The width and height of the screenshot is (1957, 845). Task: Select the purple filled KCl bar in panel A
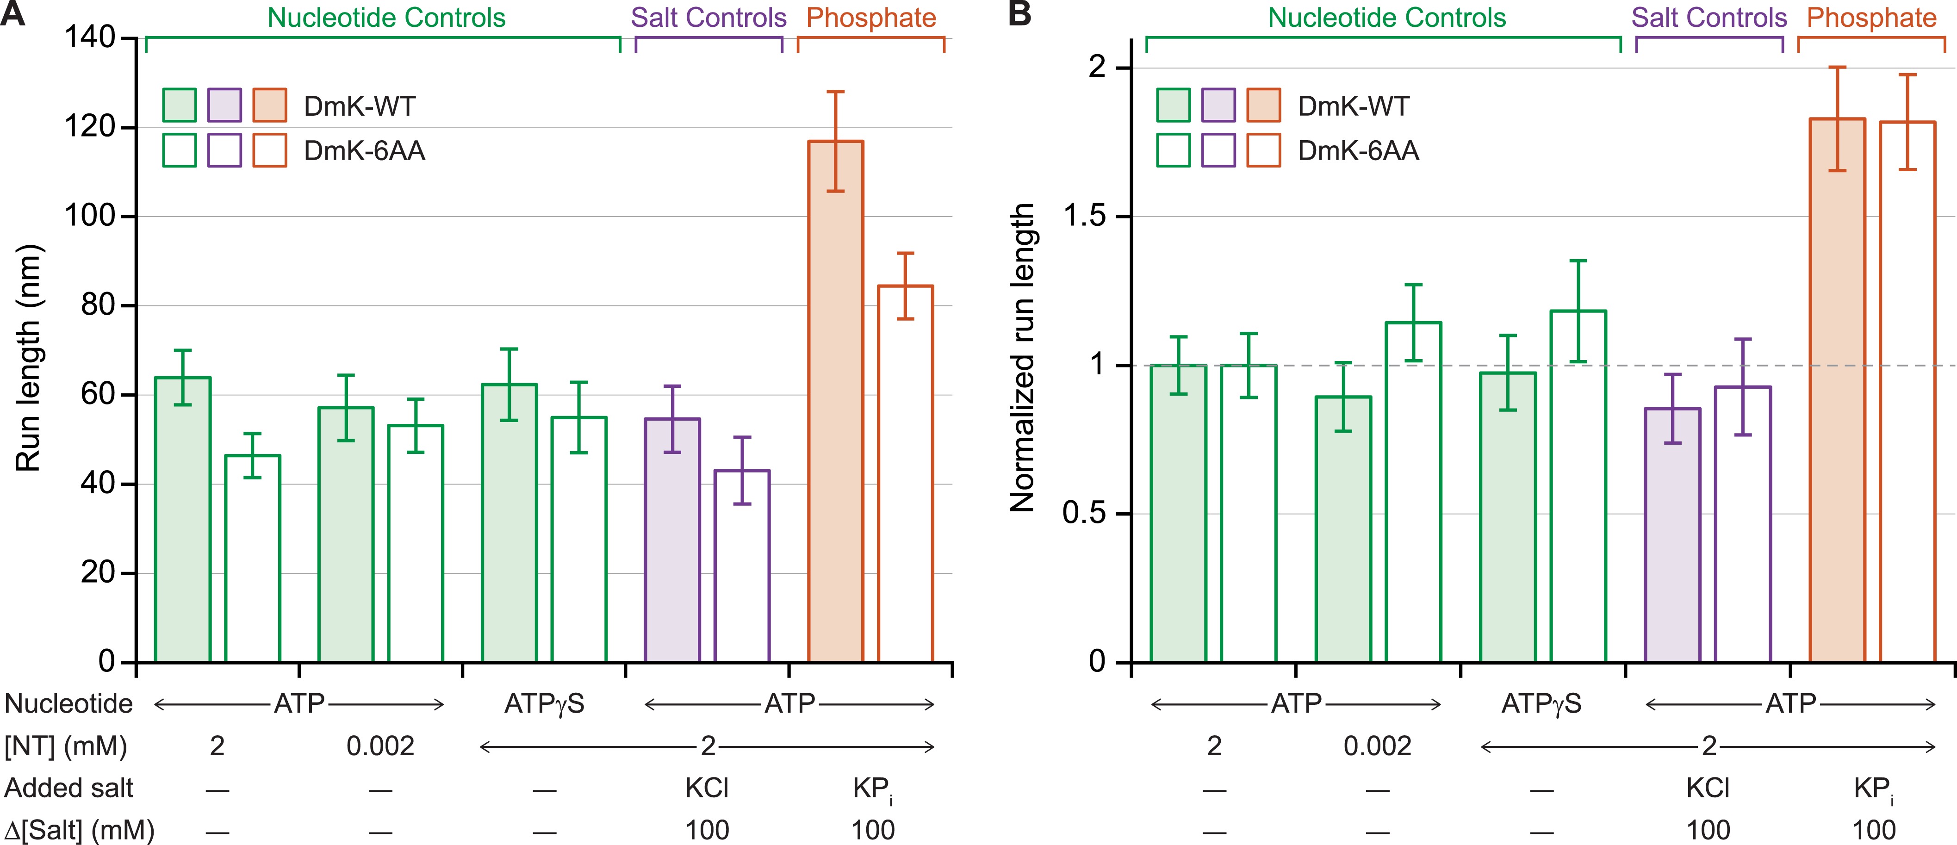pyautogui.click(x=671, y=540)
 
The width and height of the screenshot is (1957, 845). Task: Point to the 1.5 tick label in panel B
pyautogui.click(x=1085, y=217)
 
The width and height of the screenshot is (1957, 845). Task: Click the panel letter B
pyautogui.click(x=1019, y=14)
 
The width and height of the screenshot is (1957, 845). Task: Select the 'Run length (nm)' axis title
pyautogui.click(x=28, y=357)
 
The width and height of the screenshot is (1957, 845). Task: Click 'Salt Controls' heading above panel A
pyautogui.click(x=708, y=18)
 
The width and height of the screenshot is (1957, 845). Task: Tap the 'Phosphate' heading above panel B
pyautogui.click(x=1871, y=18)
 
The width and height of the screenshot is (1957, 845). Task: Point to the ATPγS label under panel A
pyautogui.click(x=544, y=704)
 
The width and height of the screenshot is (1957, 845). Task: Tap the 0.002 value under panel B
pyautogui.click(x=1377, y=746)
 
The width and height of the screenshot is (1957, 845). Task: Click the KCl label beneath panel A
pyautogui.click(x=707, y=788)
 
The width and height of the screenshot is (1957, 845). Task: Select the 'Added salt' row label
pyautogui.click(x=68, y=788)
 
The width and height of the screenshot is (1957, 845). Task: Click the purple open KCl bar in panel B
pyautogui.click(x=1742, y=524)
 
